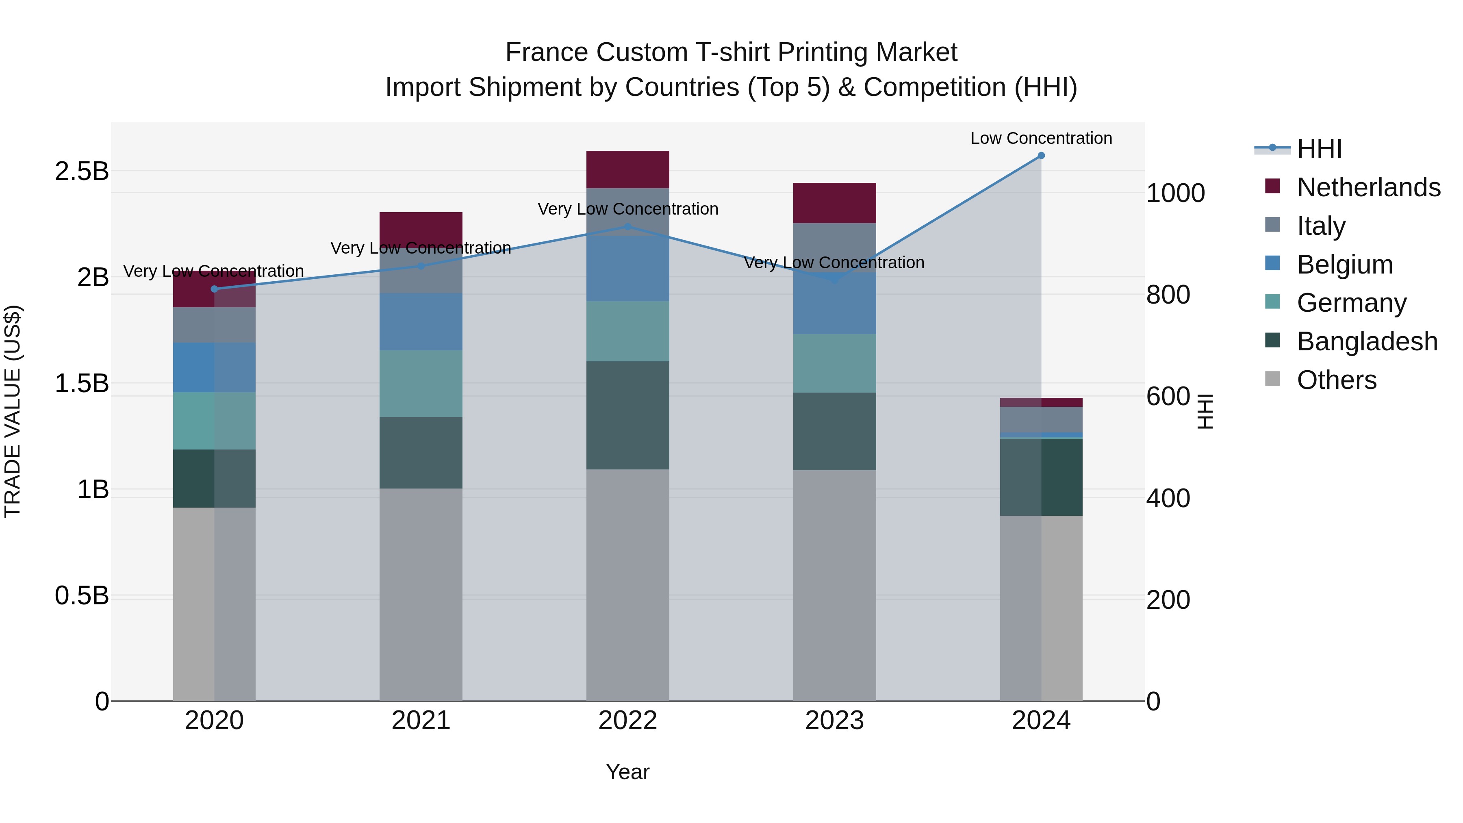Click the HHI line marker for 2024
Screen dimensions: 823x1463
1041,156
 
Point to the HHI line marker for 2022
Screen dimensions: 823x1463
627,227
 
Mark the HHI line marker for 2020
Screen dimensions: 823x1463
214,289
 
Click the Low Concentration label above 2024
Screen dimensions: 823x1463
1041,138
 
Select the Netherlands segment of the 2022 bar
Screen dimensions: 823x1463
627,169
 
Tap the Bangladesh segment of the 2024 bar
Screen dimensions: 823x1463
1041,477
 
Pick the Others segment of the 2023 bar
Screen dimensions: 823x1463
834,585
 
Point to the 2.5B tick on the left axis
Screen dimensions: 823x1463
81,171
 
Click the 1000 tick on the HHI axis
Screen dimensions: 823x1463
1175,193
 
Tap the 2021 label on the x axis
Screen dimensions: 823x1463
421,721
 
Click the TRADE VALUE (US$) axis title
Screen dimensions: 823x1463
13,411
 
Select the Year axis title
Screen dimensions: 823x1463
627,772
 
